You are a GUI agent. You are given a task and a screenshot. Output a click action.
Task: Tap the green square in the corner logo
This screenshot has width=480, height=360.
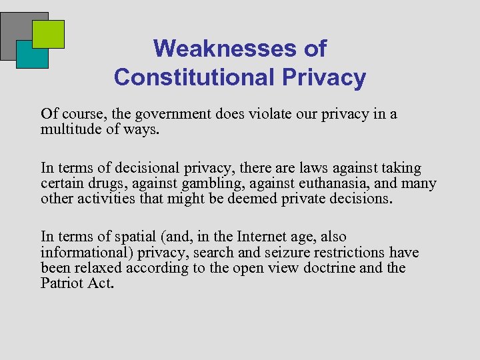[x=48, y=34]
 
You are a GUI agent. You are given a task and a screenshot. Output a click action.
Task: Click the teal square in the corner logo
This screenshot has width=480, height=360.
[x=32, y=55]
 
